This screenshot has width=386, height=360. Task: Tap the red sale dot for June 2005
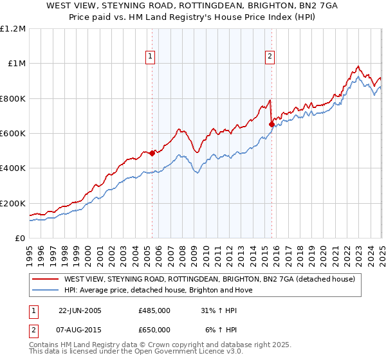[152, 154]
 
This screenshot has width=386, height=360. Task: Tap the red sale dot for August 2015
[271, 125]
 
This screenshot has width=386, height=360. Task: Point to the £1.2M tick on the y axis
[14, 29]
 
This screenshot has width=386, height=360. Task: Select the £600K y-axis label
[14, 134]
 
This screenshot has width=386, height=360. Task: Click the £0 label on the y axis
[20, 239]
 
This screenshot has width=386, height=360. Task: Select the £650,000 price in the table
[154, 330]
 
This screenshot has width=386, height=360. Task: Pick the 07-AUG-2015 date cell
[80, 330]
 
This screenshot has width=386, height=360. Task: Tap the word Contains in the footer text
[46, 346]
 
